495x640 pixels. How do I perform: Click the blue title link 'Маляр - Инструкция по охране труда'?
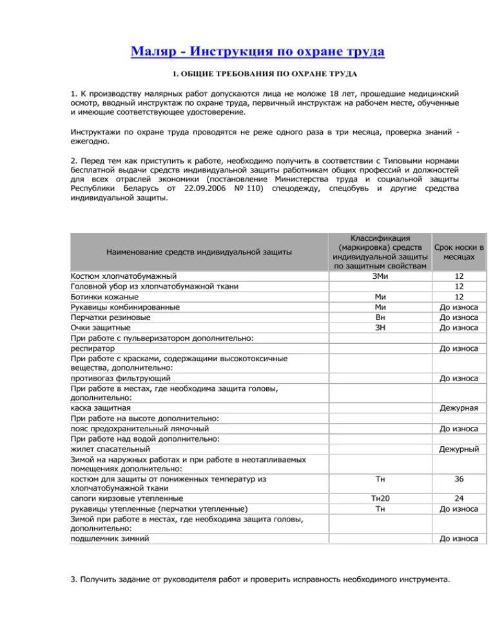(257, 51)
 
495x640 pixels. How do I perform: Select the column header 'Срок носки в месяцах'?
(459, 252)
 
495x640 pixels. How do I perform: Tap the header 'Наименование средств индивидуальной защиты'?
(199, 252)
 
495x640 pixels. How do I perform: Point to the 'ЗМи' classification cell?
(380, 276)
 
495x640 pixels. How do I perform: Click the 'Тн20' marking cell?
(380, 498)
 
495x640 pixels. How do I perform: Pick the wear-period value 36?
(459, 479)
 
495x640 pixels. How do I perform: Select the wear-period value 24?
(459, 498)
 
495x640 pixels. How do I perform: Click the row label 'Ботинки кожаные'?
(104, 297)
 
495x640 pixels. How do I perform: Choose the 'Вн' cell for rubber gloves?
(380, 317)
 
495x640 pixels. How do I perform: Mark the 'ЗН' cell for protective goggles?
(380, 328)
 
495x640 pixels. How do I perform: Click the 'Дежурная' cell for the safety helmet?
(459, 408)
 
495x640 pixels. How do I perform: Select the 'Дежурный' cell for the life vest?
(459, 449)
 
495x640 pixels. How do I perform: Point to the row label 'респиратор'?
(93, 348)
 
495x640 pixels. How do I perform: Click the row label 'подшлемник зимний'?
(110, 538)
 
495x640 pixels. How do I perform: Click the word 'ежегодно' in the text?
(90, 141)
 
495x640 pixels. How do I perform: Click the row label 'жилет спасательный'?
(110, 449)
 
